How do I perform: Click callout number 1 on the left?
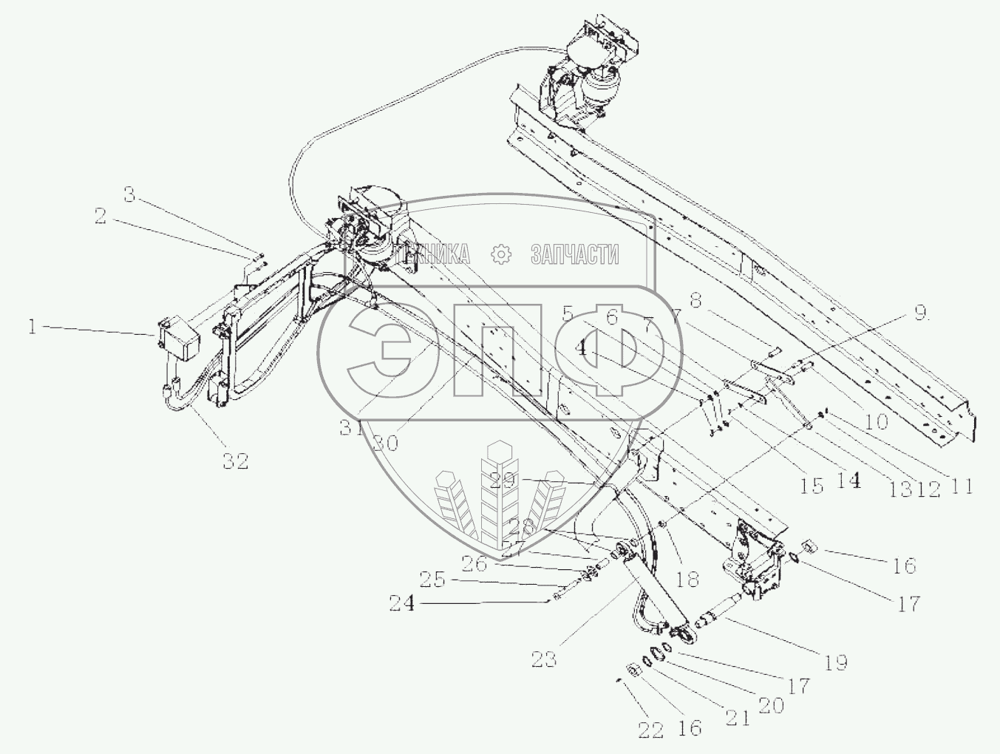click(x=33, y=326)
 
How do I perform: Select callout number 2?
click(x=101, y=216)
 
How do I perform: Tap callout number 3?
click(x=130, y=195)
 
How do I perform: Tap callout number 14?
click(x=849, y=480)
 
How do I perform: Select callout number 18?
click(x=687, y=578)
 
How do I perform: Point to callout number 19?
click(x=836, y=662)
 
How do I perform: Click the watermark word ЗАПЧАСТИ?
click(x=574, y=255)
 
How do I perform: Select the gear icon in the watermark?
click(x=502, y=254)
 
